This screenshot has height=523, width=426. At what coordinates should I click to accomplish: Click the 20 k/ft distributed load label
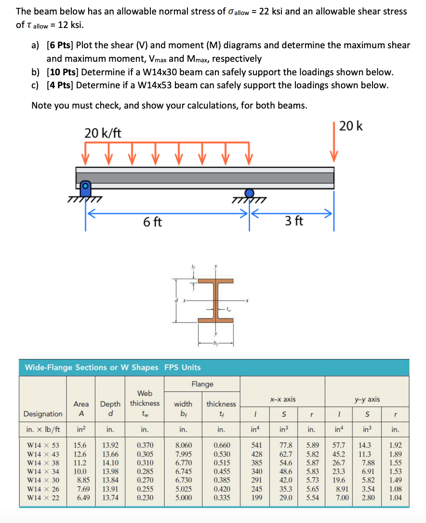click(x=103, y=133)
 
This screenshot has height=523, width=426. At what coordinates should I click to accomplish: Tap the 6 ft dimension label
click(x=152, y=222)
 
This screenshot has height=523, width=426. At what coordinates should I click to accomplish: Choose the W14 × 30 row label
click(x=43, y=480)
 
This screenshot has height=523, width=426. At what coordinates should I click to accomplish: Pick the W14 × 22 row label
click(x=43, y=497)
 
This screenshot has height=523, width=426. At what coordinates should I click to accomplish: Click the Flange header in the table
click(x=202, y=384)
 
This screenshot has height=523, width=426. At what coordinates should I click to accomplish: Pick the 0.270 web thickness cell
click(x=145, y=480)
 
